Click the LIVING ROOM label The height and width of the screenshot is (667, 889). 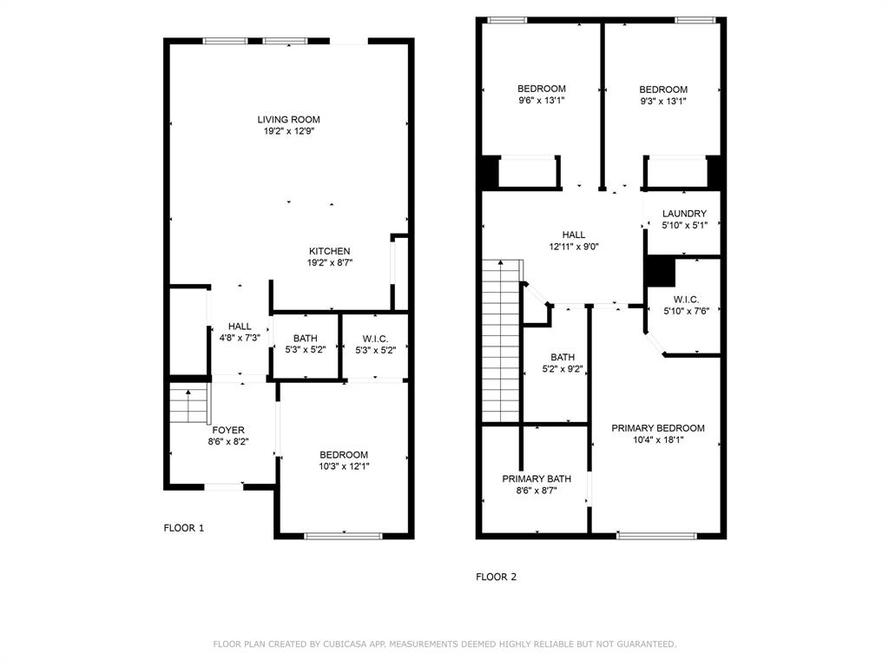click(288, 120)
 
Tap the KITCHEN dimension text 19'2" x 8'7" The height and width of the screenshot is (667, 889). click(329, 262)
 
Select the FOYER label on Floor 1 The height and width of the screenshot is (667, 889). click(228, 430)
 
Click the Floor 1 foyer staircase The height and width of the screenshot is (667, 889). click(189, 404)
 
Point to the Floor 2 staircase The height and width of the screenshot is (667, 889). click(501, 340)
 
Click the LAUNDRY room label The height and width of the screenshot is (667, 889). click(684, 214)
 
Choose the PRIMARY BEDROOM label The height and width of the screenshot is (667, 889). click(657, 428)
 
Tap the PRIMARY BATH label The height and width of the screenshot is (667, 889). click(536, 479)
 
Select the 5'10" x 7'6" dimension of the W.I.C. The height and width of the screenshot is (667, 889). click(685, 311)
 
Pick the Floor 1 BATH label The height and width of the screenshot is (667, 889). click(305, 339)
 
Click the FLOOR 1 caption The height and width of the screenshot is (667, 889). click(184, 528)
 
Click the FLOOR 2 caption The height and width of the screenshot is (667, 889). click(496, 577)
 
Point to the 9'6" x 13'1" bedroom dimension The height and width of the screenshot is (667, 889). click(542, 100)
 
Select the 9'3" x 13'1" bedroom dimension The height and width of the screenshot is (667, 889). click(663, 101)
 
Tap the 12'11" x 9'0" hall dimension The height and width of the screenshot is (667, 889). click(573, 246)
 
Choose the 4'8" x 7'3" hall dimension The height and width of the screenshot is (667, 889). click(239, 338)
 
